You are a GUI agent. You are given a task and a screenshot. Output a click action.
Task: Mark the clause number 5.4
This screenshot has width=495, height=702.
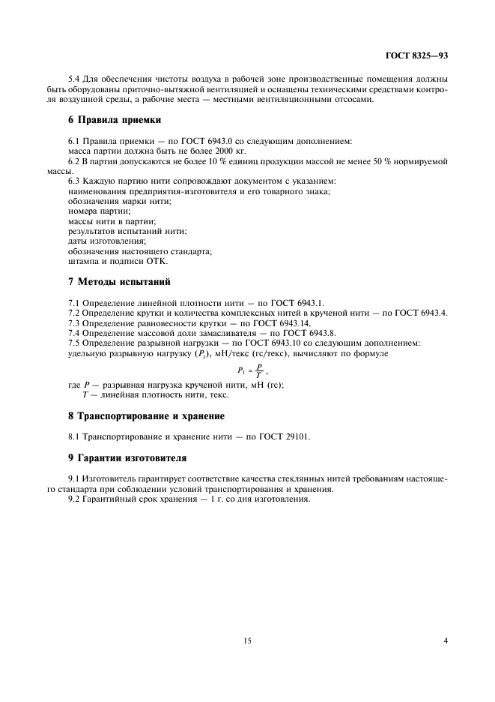click(x=73, y=79)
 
